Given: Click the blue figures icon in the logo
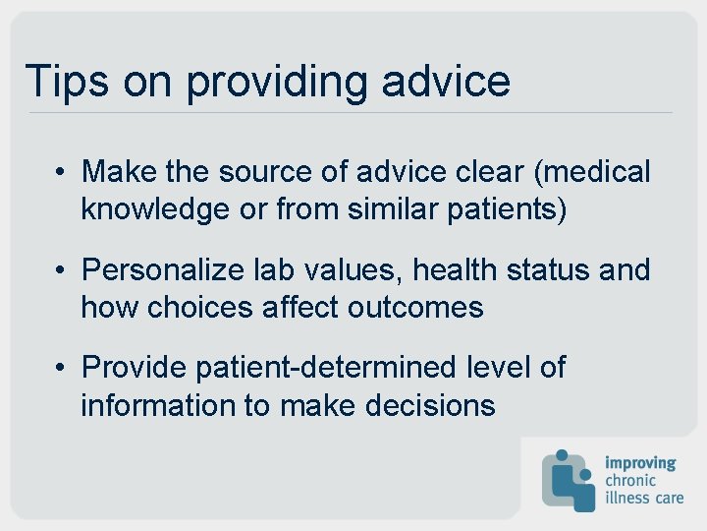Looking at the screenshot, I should (x=569, y=480).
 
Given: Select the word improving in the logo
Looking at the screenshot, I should (x=640, y=462).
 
